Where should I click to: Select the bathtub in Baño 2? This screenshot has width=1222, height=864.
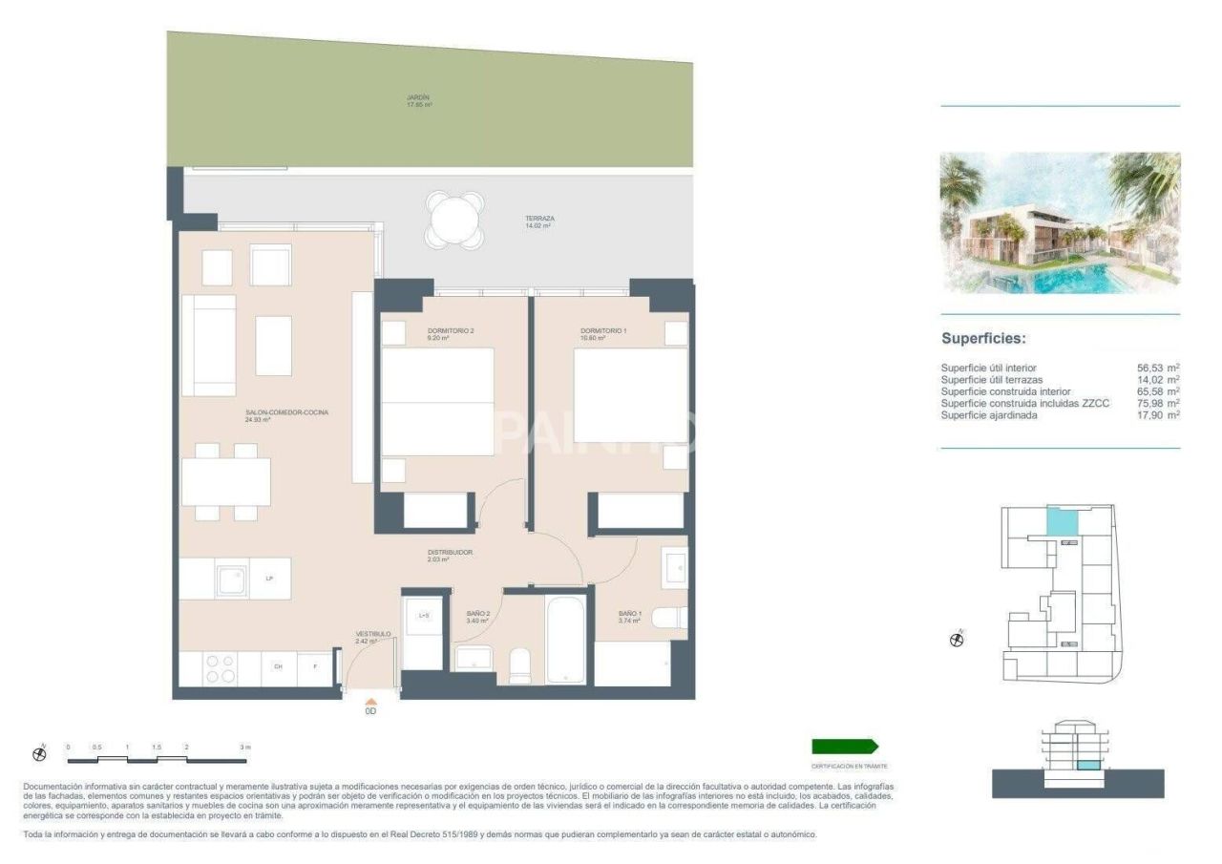(x=565, y=639)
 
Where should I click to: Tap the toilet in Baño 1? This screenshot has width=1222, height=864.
(x=670, y=618)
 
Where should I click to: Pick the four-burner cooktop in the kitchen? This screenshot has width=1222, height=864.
(x=220, y=667)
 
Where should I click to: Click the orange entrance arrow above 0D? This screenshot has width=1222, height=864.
(x=371, y=701)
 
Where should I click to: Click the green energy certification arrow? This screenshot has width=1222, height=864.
(x=844, y=747)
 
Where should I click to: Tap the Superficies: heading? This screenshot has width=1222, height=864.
(x=983, y=338)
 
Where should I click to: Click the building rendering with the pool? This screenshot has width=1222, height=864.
(x=1060, y=222)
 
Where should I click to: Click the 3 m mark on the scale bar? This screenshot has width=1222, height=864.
(x=244, y=748)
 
